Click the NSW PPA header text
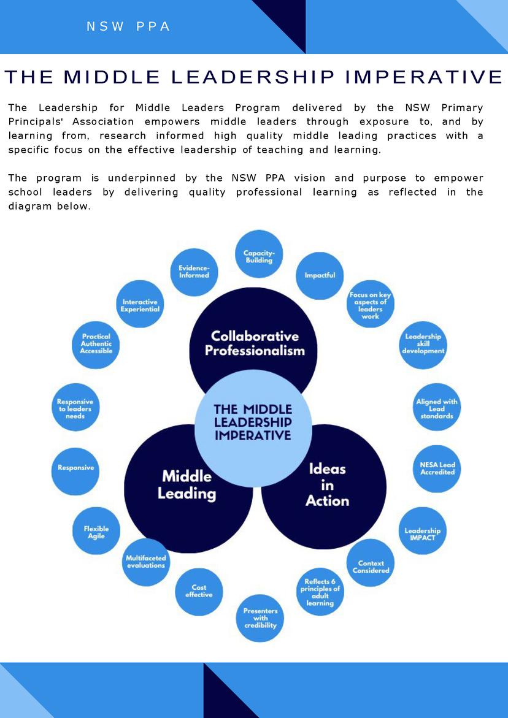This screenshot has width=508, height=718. tap(128, 27)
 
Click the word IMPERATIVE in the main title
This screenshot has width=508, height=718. tap(423, 77)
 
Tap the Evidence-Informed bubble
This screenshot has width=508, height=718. tap(194, 272)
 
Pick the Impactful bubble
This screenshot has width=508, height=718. tap(320, 275)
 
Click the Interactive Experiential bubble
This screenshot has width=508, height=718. tap(140, 305)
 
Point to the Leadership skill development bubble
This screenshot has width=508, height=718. tap(423, 344)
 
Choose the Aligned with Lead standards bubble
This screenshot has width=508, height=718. tap(437, 409)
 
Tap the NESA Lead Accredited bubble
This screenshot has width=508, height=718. tap(437, 468)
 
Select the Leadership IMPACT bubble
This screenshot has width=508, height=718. tap(422, 533)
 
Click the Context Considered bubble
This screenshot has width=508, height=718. tap(371, 567)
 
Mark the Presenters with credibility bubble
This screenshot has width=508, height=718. tap(260, 618)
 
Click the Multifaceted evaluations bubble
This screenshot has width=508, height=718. tap(145, 562)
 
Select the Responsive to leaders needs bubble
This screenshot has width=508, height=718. tap(75, 409)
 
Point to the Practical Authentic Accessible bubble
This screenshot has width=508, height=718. tap(96, 344)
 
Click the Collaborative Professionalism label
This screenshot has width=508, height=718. tap(254, 343)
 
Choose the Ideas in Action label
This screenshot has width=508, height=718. tap(327, 484)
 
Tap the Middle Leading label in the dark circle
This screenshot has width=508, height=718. tap(187, 484)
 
